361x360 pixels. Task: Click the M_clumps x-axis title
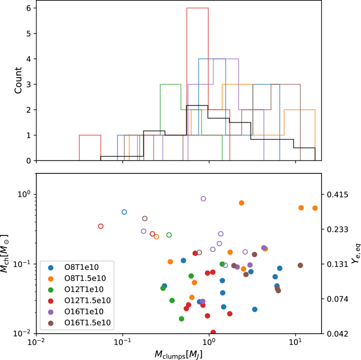tap(178, 352)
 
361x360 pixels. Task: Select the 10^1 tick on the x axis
tap(296, 342)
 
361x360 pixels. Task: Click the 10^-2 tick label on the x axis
tap(36, 342)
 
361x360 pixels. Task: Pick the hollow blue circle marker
tap(124, 212)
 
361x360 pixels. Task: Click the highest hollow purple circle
tap(203, 198)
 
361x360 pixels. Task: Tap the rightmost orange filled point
tap(315, 208)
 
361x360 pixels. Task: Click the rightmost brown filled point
tap(300, 265)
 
